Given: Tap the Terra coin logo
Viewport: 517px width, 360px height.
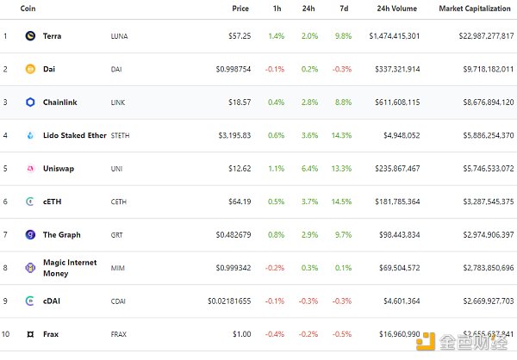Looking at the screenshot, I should [31, 36].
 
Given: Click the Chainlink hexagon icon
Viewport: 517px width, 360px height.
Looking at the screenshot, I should [31, 102].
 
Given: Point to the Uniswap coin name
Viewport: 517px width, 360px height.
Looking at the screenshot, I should [58, 168].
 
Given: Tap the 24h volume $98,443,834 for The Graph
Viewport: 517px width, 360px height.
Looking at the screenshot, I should [396, 234].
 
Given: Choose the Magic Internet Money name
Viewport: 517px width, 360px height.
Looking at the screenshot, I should [70, 267].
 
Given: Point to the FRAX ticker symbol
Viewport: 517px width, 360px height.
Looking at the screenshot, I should [120, 333].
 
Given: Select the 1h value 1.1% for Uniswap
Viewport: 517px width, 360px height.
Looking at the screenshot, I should [276, 168].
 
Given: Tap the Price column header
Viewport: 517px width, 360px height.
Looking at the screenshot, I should [240, 8].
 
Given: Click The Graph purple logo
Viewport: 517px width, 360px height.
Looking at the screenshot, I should [31, 234].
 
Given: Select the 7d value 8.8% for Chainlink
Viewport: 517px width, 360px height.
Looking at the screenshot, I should [343, 102].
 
